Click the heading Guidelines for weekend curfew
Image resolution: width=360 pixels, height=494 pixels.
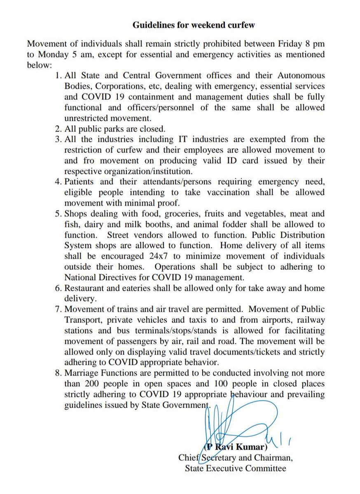tap(194, 25)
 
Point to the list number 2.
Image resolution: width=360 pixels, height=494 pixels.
tap(57, 128)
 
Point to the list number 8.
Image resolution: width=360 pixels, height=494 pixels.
tap(57, 373)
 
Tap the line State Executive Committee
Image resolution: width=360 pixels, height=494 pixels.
tap(235, 468)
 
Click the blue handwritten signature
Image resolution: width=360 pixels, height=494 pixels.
tap(231, 424)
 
